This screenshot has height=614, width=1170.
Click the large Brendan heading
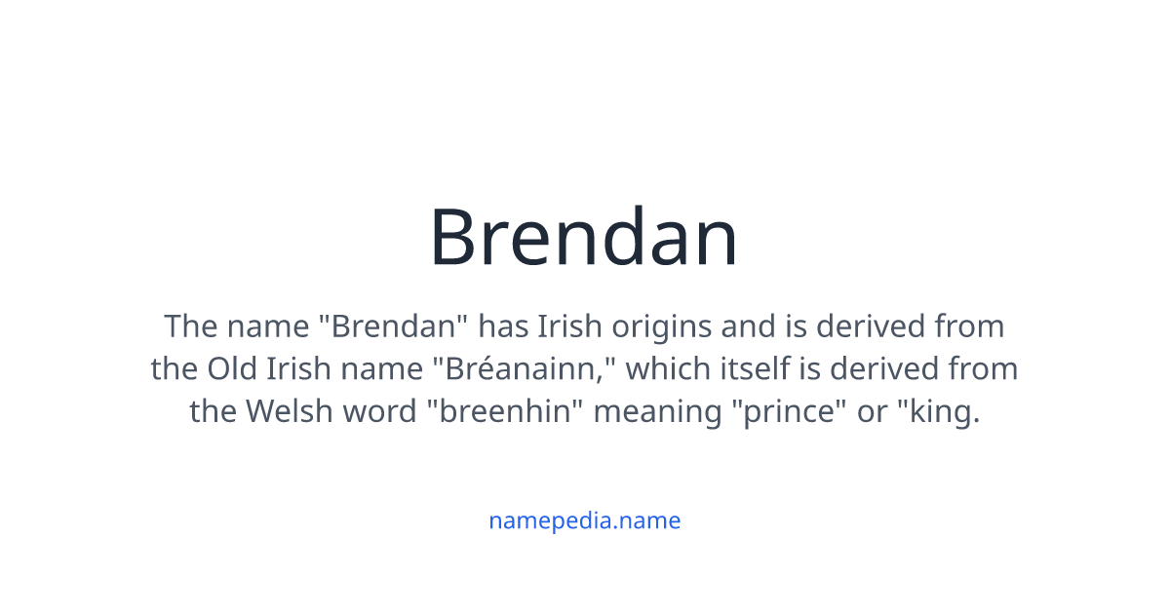point(584,237)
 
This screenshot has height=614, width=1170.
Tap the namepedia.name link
point(584,520)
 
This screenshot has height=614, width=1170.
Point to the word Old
point(230,368)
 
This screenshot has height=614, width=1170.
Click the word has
point(503,326)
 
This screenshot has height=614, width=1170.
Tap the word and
point(746,326)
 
